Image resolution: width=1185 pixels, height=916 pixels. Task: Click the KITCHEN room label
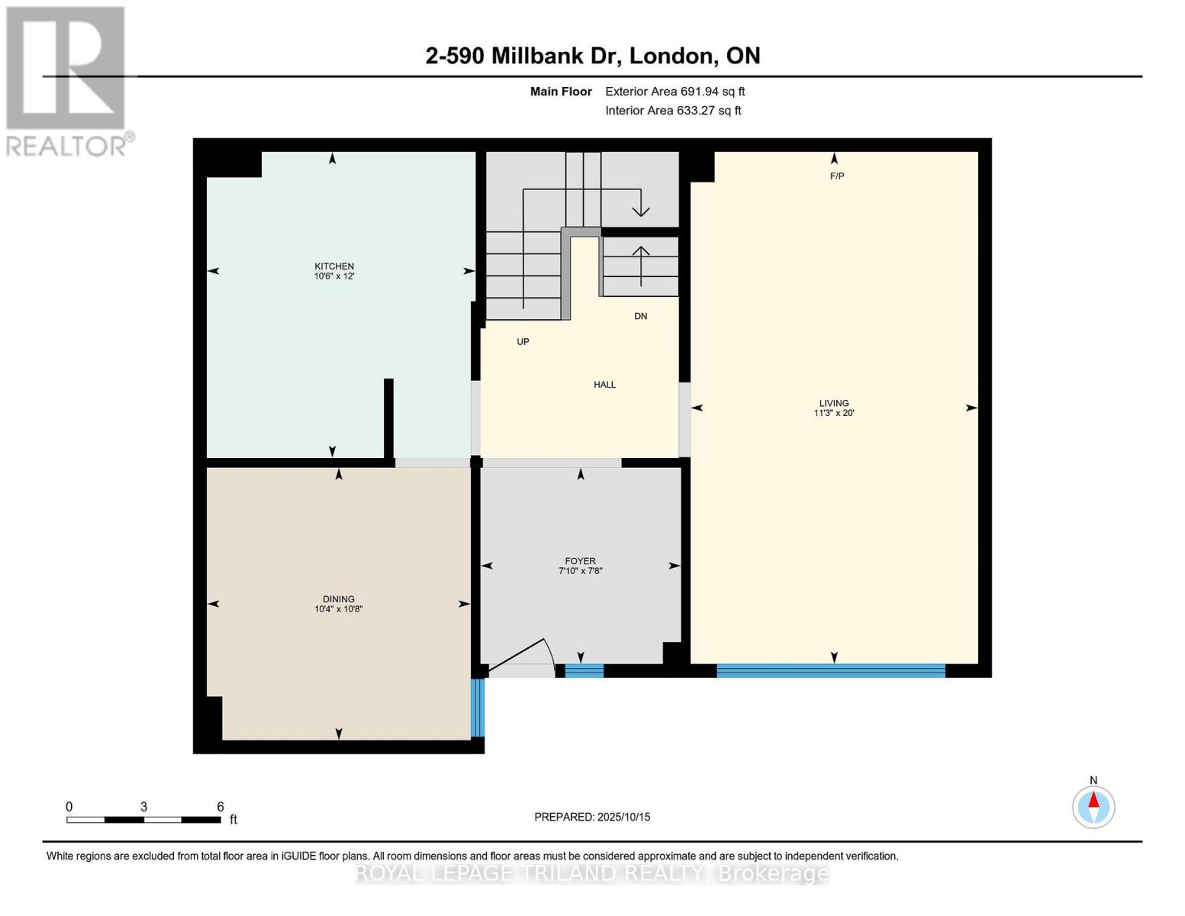(x=334, y=266)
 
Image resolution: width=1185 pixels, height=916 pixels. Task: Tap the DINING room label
(x=338, y=599)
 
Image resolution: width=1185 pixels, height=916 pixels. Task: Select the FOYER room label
(x=580, y=561)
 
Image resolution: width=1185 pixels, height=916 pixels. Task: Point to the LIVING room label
(x=834, y=403)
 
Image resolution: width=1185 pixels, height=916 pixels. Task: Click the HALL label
(x=604, y=385)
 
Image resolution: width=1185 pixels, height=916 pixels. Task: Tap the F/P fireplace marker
(x=837, y=176)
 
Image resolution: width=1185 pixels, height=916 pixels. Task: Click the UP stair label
(x=523, y=342)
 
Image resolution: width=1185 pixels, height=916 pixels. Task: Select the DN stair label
(x=640, y=316)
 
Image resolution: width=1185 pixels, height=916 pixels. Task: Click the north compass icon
(x=1093, y=806)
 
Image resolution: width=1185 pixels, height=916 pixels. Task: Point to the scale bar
(x=143, y=819)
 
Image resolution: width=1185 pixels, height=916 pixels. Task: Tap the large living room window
(x=831, y=671)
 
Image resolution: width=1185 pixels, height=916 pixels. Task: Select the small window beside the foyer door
(x=584, y=671)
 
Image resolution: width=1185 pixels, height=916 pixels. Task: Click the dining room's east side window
(x=478, y=708)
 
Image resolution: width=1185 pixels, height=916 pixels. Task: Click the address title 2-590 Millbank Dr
(x=592, y=56)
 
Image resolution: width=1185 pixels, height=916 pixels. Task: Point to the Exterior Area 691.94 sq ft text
(x=675, y=92)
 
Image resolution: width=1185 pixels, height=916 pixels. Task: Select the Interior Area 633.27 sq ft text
(x=673, y=111)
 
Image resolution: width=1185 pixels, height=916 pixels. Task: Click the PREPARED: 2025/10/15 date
(x=592, y=817)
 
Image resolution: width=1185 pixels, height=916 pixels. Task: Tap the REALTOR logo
(x=66, y=80)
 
